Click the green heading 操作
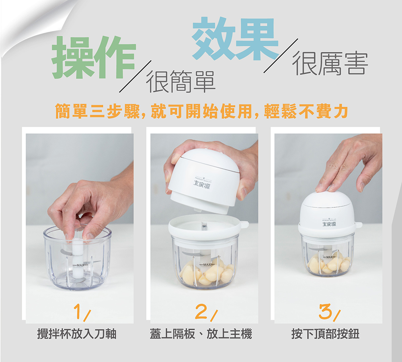coord(94,57)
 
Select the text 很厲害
coord(330,64)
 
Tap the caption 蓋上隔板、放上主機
coord(201,334)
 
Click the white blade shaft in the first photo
coord(78,258)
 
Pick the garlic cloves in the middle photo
coord(207,274)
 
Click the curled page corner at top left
coord(24,24)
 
